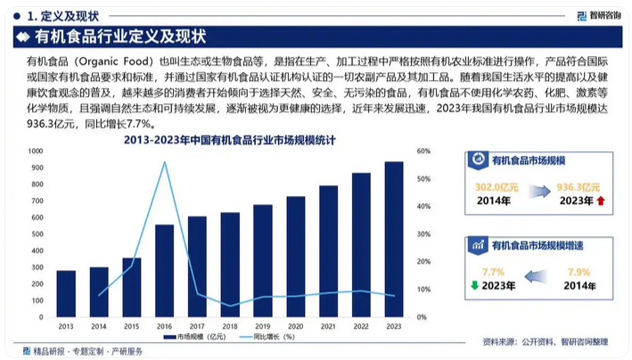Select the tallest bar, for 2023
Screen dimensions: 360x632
point(393,241)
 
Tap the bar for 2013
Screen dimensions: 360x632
point(66,295)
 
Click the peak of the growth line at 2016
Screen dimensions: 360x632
point(164,162)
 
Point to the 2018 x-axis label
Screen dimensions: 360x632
point(229,327)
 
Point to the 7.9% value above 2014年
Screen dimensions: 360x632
point(579,272)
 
